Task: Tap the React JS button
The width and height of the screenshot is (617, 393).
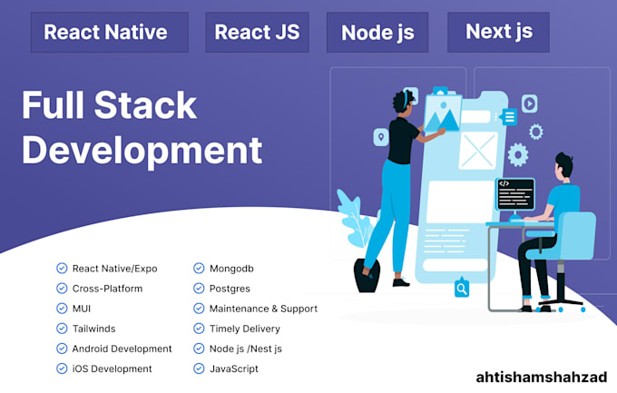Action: point(257,33)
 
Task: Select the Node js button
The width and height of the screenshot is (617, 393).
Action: point(377,33)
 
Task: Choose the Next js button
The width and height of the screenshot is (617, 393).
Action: point(498,32)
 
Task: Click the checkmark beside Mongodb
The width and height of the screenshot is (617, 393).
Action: point(200,268)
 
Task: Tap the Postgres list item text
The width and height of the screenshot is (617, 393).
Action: point(229,289)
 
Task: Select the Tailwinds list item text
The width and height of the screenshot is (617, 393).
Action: point(94,329)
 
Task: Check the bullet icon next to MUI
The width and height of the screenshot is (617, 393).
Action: point(62,309)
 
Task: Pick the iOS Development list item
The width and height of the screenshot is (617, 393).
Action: point(112,368)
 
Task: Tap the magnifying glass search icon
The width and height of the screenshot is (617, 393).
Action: point(462,289)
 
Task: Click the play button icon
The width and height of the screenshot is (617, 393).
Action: point(529,103)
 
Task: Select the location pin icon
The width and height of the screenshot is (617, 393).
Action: point(381,137)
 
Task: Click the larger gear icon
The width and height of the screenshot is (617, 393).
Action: point(518,153)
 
